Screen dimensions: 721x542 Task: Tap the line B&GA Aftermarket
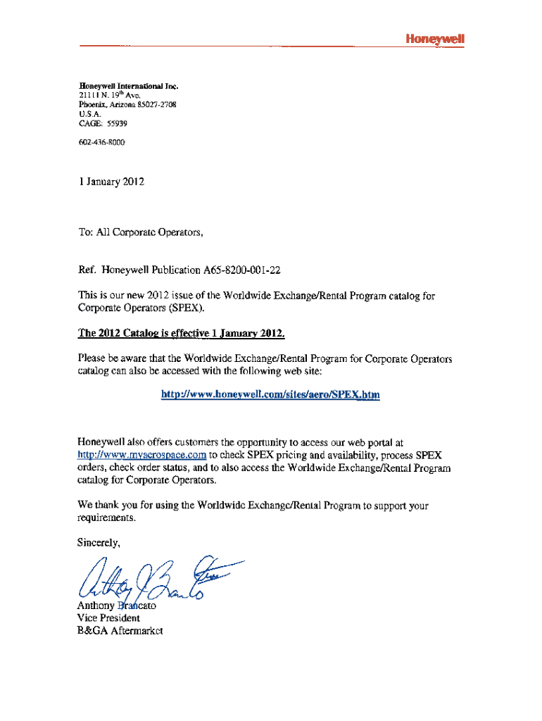(x=120, y=632)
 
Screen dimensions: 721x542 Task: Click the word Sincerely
(x=99, y=542)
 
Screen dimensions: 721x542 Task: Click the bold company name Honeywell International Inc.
(x=127, y=86)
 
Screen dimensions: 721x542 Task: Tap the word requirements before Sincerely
(x=106, y=518)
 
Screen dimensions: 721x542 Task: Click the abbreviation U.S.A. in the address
(x=89, y=113)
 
